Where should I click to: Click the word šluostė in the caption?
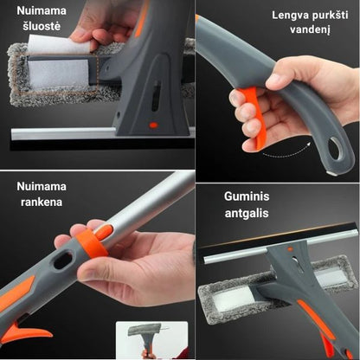(x=42, y=27)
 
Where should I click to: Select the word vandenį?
(x=310, y=29)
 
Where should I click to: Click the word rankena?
(x=42, y=202)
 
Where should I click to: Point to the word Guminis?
(x=247, y=196)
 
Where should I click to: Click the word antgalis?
(x=247, y=214)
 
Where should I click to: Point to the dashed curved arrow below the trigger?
(x=287, y=152)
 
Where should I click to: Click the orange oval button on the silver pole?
(x=104, y=232)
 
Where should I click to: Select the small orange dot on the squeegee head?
(x=154, y=125)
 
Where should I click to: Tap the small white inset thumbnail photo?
(x=152, y=340)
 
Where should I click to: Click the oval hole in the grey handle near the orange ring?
(x=63, y=260)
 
